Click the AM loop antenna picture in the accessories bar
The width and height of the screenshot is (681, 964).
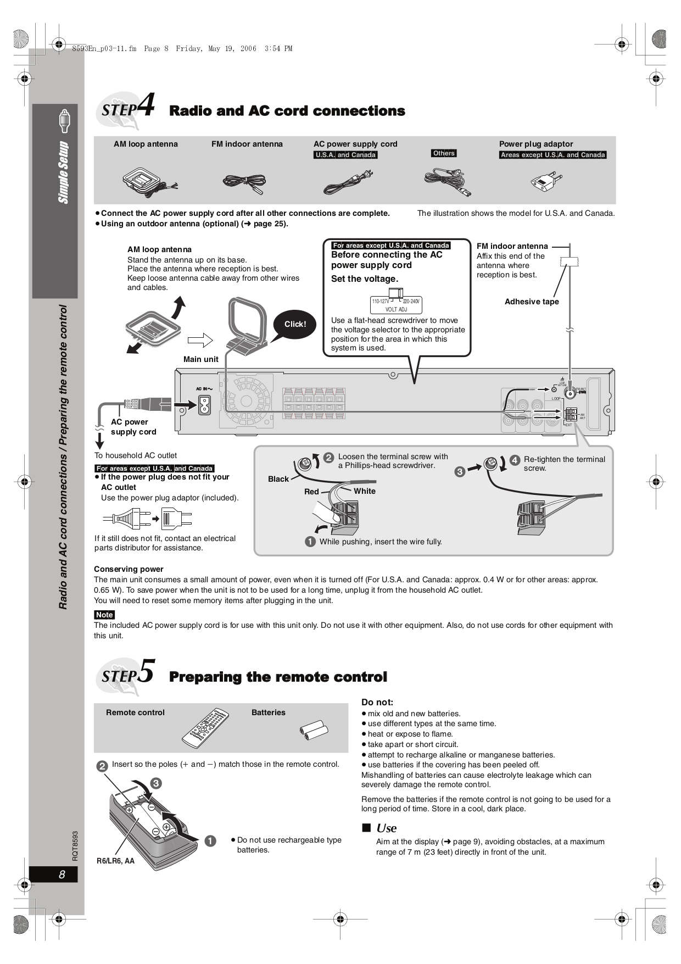[148, 181]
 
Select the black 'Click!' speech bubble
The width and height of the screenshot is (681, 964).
[295, 324]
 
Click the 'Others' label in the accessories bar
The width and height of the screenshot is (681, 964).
[444, 153]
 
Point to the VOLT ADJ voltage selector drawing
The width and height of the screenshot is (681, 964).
[396, 302]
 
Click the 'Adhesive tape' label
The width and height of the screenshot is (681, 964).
[531, 302]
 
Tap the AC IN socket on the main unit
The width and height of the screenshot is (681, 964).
[204, 405]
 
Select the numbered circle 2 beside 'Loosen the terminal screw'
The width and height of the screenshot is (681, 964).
[328, 458]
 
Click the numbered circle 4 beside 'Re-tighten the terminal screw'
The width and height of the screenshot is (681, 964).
[515, 460]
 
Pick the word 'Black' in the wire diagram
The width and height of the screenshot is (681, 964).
[278, 479]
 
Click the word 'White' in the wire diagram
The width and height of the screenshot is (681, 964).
[365, 491]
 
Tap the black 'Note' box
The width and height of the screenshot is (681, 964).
[104, 615]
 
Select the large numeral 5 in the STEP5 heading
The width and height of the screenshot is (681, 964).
[146, 671]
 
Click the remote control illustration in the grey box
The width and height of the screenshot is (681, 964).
[205, 728]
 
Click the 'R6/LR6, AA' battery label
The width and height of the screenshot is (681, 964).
[115, 861]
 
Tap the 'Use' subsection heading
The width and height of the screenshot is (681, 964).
[386, 828]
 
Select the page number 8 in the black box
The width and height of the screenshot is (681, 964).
[62, 874]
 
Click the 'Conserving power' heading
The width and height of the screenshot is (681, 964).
[129, 569]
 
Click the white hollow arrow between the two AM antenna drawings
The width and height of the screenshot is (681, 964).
[200, 340]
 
